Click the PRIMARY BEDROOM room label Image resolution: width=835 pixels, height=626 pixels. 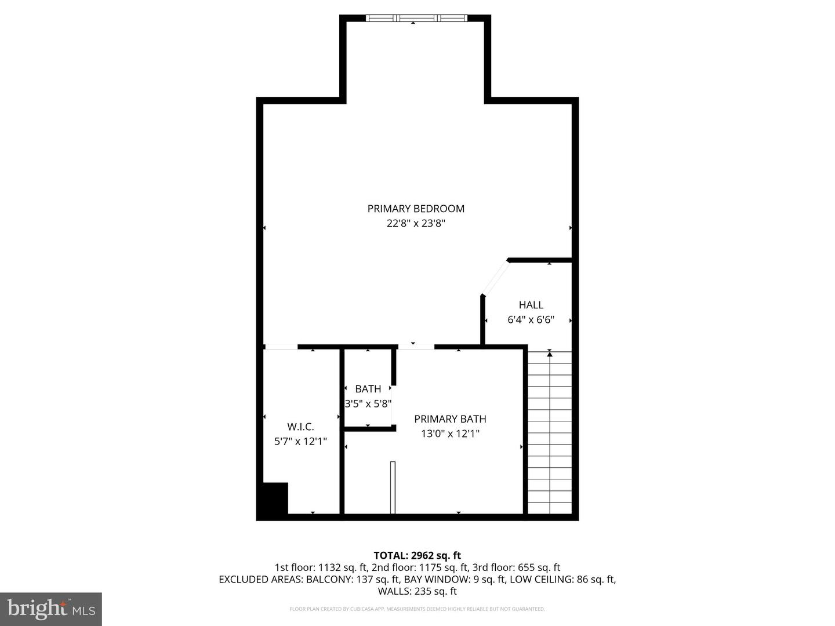416,209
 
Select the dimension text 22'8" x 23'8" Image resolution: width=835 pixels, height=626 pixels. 416,224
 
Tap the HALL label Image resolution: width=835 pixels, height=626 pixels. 531,305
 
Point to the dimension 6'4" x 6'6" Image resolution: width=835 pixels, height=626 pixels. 531,320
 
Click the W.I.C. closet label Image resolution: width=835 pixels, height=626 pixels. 300,427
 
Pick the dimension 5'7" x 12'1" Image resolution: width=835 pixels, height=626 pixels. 300,442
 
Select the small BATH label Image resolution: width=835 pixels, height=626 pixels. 368,389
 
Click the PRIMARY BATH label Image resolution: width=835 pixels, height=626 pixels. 450,419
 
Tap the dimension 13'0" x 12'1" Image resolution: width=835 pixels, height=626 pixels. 450,434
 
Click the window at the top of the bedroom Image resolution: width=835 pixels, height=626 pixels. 416,18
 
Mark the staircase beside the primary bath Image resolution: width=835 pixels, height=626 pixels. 549,435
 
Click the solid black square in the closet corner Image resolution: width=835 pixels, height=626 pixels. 273,498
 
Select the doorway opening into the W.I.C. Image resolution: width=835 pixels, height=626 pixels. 281,347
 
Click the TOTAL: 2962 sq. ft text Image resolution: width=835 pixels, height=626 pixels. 417,556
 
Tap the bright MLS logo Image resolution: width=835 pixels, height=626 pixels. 51,609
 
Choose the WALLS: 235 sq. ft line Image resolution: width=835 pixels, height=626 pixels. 417,591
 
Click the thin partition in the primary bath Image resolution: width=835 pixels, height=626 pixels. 393,487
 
